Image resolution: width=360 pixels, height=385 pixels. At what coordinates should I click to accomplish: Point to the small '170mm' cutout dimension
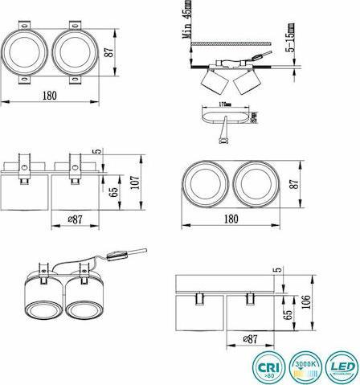pyautogui.click(x=223, y=104)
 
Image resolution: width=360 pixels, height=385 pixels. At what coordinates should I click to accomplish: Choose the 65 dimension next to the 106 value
pyautogui.click(x=286, y=313)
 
